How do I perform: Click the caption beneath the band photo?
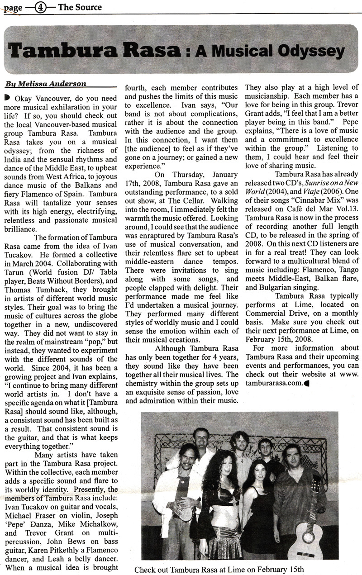point(219,568)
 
